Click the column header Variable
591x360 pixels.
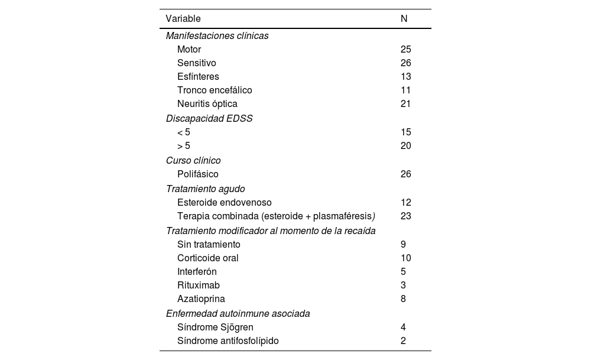pyautogui.click(x=183, y=19)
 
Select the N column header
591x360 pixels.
pyautogui.click(x=404, y=19)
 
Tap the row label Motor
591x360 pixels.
pyautogui.click(x=189, y=50)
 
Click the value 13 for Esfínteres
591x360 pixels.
pyautogui.click(x=405, y=77)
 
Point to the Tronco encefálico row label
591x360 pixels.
pyautogui.click(x=215, y=90)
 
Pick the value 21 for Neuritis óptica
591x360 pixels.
pyautogui.click(x=405, y=104)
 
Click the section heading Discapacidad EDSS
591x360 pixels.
pyautogui.click(x=209, y=118)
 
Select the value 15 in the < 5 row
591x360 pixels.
pyautogui.click(x=405, y=132)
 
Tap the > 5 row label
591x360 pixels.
pyautogui.click(x=184, y=146)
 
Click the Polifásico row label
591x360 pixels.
pyautogui.click(x=198, y=174)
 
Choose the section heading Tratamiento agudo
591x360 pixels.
pyautogui.click(x=205, y=189)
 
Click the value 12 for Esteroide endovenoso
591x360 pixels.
pyautogui.click(x=405, y=203)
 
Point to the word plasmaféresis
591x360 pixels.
pyautogui.click(x=345, y=216)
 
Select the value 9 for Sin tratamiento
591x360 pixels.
pyautogui.click(x=403, y=245)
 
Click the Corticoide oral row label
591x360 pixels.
pyautogui.click(x=208, y=258)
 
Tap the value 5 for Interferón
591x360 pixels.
pyautogui.click(x=403, y=272)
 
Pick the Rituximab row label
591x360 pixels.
pyautogui.click(x=199, y=286)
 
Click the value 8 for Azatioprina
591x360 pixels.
pyautogui.click(x=403, y=299)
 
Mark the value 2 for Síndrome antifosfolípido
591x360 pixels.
pyautogui.click(x=403, y=341)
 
